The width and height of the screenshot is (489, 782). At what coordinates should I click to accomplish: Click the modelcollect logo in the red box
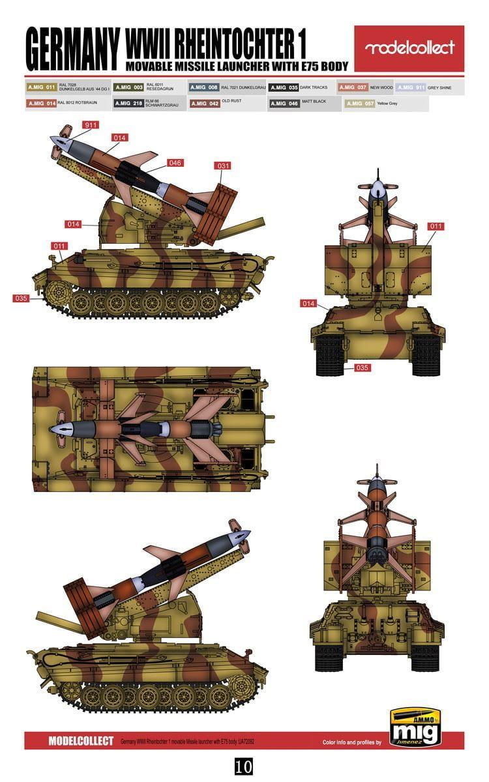pyautogui.click(x=409, y=48)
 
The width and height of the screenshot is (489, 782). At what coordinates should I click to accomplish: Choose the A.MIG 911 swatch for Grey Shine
pyautogui.click(x=411, y=87)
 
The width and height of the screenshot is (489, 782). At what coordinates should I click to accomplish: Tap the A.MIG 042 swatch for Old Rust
pyautogui.click(x=205, y=103)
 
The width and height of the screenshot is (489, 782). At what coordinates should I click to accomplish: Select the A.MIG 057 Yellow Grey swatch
pyautogui.click(x=359, y=103)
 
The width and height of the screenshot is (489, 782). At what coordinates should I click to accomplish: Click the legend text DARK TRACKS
pyautogui.click(x=315, y=87)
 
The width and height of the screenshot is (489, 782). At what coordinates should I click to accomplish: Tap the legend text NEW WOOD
pyautogui.click(x=381, y=87)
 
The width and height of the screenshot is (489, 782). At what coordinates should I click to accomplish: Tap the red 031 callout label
pyautogui.click(x=223, y=166)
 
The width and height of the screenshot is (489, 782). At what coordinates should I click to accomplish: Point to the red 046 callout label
pyautogui.click(x=175, y=163)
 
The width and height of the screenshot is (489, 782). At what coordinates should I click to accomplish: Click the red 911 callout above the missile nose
pyautogui.click(x=91, y=124)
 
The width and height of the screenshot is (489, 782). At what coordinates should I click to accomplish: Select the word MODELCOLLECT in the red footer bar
pyautogui.click(x=81, y=741)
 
